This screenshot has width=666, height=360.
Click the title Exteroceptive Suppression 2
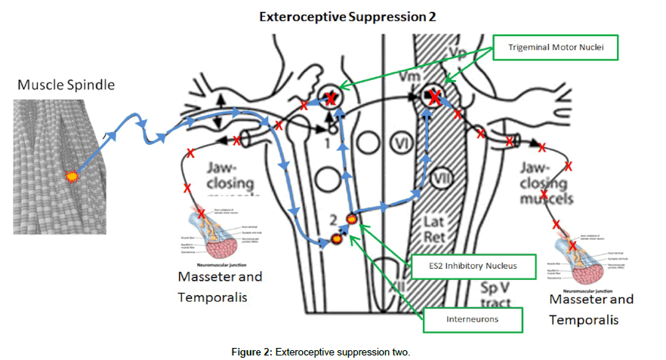347,15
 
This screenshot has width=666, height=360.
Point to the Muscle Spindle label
66,85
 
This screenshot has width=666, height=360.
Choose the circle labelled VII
443,179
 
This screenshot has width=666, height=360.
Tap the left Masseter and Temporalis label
220,287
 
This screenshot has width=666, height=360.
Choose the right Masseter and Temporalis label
591,309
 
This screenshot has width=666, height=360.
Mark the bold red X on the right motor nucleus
435,96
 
